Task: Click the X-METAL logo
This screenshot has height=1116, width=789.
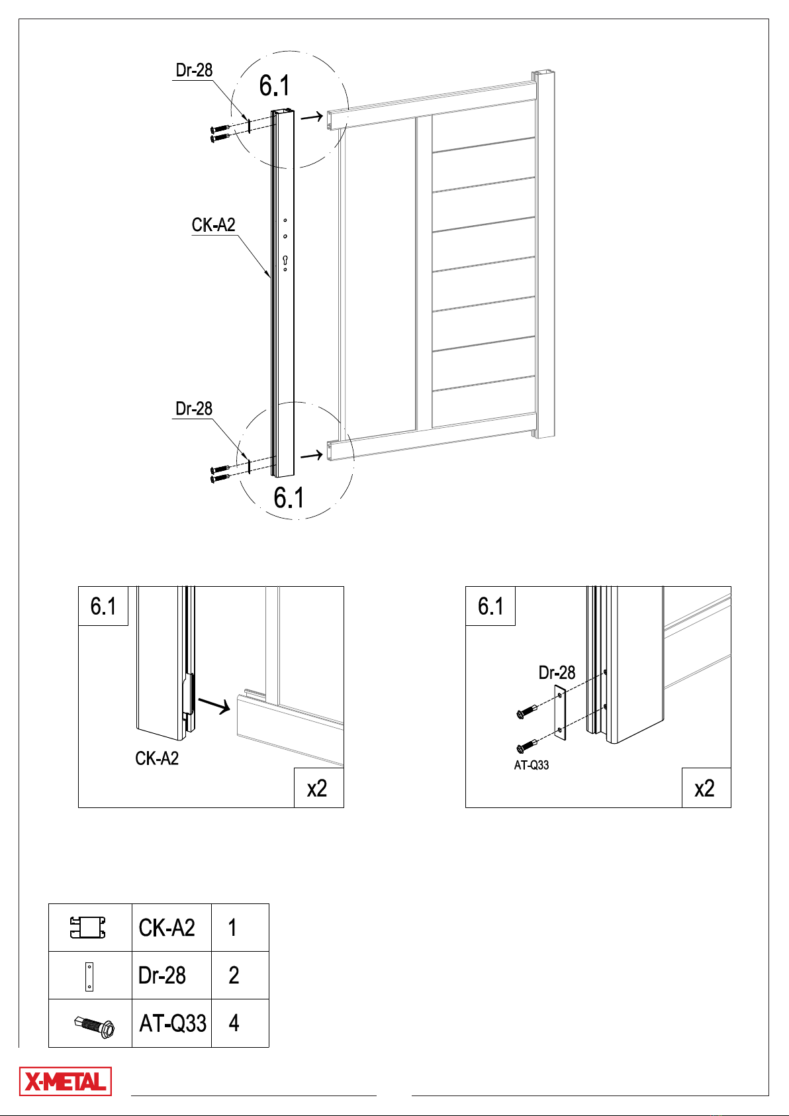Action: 66,1082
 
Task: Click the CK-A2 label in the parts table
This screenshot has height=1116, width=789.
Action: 167,928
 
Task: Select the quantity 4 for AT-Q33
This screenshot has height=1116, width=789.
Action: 234,1023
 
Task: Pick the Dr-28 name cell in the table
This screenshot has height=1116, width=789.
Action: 162,976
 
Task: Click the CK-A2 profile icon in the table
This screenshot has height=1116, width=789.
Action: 87,927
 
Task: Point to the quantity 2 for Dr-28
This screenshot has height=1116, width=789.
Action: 234,976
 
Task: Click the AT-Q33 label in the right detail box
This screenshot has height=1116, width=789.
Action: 531,765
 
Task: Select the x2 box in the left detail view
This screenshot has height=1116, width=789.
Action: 318,787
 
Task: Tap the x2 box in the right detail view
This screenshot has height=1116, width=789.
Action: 706,787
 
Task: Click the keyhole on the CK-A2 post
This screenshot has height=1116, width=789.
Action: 285,260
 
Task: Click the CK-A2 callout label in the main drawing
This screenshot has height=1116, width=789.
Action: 214,225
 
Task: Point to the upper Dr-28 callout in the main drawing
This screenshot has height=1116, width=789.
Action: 194,70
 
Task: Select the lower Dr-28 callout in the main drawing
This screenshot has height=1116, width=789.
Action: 194,409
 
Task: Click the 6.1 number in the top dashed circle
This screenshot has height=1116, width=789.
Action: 274,85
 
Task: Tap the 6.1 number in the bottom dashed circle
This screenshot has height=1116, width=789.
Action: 289,497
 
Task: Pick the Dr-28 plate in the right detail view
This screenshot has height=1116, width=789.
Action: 560,713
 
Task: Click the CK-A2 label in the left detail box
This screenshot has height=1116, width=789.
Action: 157,758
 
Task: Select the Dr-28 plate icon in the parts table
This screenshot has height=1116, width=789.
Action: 89,977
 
